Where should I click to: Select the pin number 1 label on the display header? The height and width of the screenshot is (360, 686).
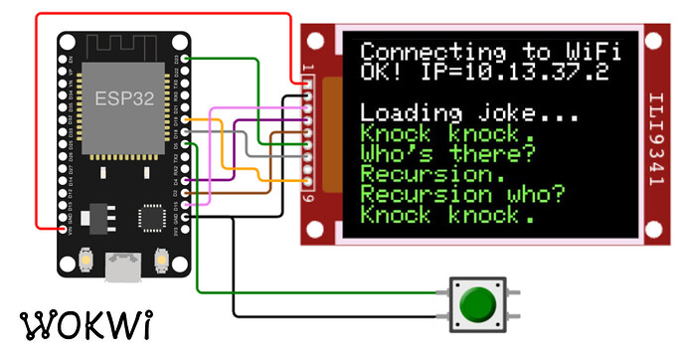click(x=308, y=68)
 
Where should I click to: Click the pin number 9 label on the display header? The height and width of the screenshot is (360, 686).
click(x=308, y=197)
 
